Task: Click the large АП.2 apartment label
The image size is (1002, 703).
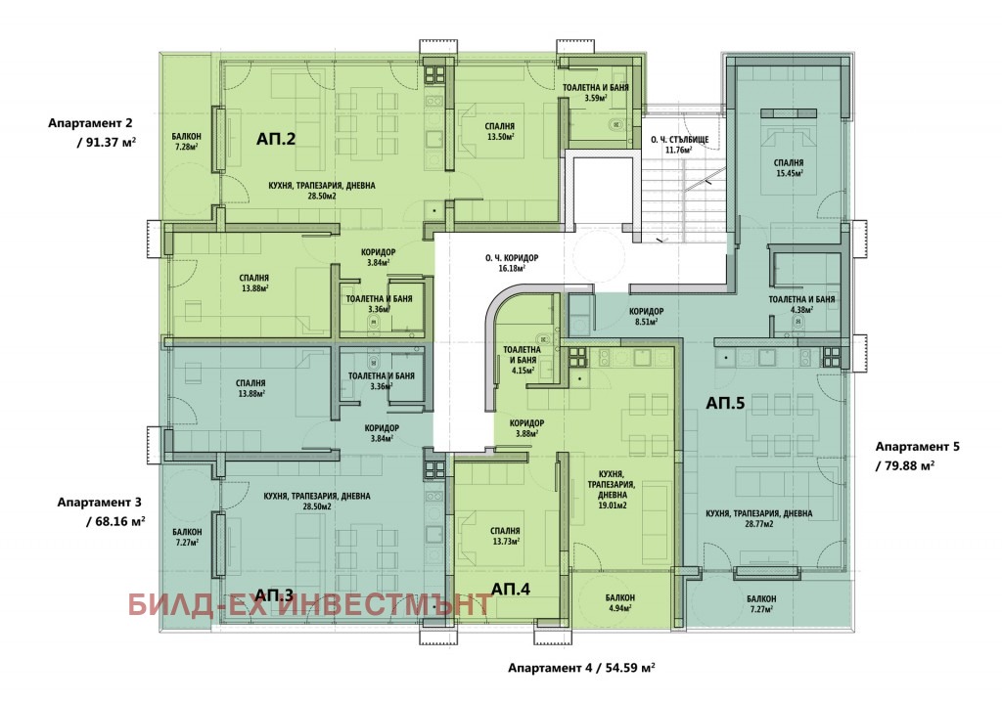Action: [277, 139]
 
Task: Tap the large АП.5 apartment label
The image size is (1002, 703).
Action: [725, 401]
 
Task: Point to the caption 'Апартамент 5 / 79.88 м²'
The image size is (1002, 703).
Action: [918, 455]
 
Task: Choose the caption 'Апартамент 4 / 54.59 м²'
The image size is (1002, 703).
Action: [580, 669]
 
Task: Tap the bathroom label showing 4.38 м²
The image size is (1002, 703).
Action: [801, 304]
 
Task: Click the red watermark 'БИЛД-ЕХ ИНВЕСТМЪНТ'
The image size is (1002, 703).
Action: [308, 603]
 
